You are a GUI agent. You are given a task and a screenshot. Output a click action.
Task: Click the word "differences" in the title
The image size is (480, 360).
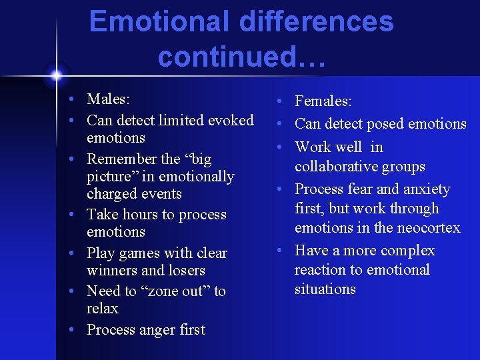(316, 21)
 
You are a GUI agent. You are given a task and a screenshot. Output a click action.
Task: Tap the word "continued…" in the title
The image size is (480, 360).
(242, 57)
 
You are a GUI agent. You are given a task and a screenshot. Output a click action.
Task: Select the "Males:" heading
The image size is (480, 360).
(108, 99)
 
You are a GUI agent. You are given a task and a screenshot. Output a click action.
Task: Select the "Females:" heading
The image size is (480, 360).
(323, 101)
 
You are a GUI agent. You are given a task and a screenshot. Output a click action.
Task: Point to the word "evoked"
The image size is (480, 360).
(231, 120)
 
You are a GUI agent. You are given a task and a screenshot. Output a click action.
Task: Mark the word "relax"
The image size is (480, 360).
(102, 309)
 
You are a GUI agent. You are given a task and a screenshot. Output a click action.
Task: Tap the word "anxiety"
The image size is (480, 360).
(423, 189)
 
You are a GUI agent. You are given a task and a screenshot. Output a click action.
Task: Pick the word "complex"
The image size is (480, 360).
(407, 251)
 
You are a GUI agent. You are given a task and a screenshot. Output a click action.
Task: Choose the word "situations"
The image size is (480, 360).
(325, 289)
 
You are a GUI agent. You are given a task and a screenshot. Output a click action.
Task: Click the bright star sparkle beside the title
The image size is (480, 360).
(57, 73)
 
